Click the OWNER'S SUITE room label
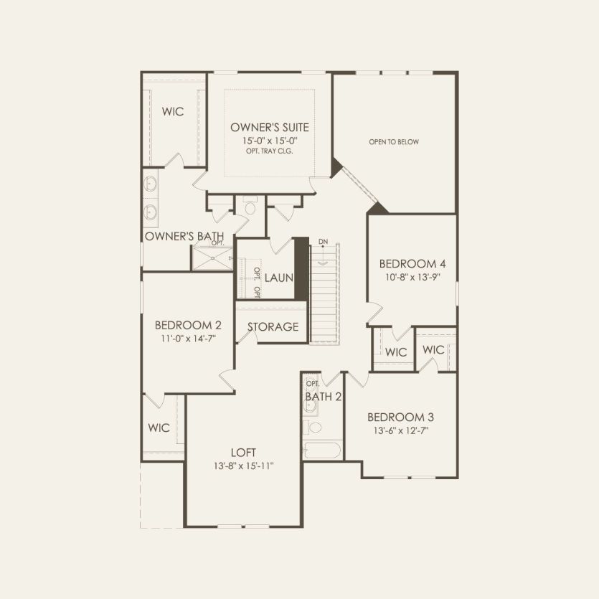pos(269,128)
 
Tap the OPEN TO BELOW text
pos(394,142)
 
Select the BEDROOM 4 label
pos(412,262)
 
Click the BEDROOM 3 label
pos(400,418)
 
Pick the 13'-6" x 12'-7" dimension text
pos(400,430)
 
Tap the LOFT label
pos(243,453)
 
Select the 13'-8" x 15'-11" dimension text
pos(243,466)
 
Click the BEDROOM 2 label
pos(187,324)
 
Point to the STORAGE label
pos(273,327)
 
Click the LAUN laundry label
pos(278,277)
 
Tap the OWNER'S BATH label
pos(184,236)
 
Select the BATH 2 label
pos(323,397)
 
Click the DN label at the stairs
pos(323,242)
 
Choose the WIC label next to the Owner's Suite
pos(172,112)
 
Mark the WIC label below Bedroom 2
pos(159,428)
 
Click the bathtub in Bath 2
pos(322,451)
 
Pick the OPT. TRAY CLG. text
pos(269,151)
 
